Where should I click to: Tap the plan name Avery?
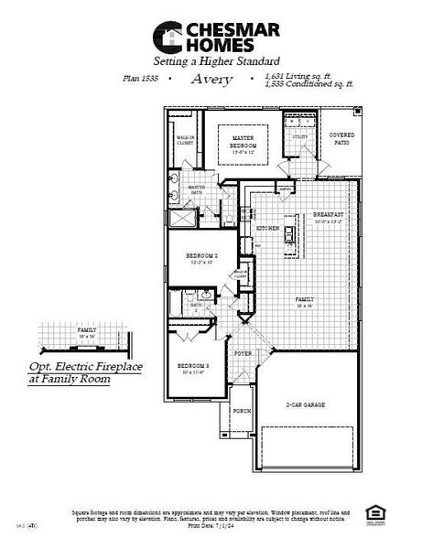coord(211,80)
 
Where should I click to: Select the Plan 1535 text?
coord(139,80)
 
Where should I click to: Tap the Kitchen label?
coord(267,228)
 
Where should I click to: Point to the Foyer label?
coord(243,352)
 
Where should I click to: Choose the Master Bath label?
coord(197,188)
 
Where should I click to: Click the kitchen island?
coord(291,235)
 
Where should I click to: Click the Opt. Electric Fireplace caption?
coord(70,371)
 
